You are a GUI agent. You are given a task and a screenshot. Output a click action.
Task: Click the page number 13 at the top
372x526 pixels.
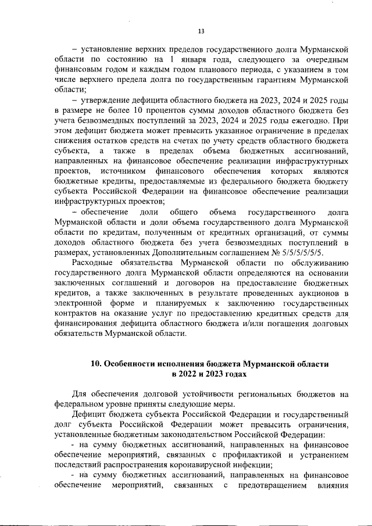pos(201,31)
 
